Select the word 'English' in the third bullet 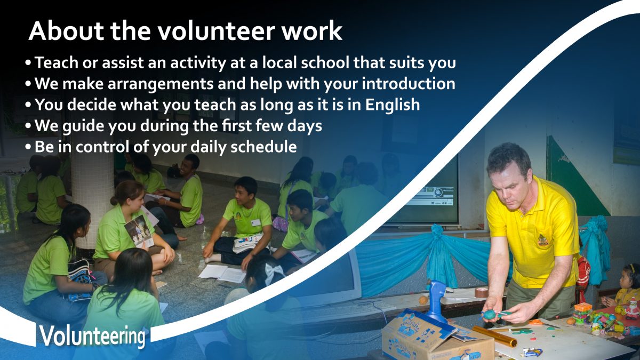pos(393,105)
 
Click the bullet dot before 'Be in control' pos(28,147)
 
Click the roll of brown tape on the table pos(481,292)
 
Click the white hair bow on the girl pos(274,274)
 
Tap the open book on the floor pos(222,273)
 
